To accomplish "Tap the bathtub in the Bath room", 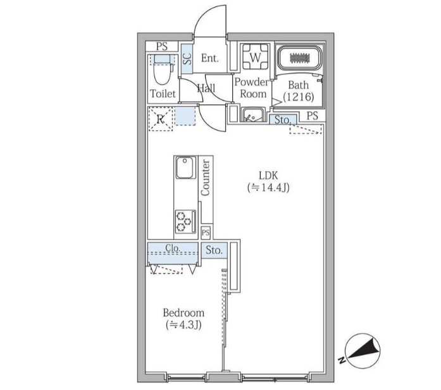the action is click(300, 58).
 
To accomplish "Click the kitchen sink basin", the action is click(185, 168).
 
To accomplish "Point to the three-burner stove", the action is click(185, 221).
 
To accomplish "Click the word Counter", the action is click(206, 178).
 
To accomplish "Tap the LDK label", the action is click(268, 176).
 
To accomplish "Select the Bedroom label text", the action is click(183, 313).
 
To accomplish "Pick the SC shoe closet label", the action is click(187, 58).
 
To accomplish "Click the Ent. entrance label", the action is click(210, 58).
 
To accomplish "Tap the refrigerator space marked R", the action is click(160, 119).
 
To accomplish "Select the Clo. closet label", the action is click(172, 248).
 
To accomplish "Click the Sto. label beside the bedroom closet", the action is click(214, 250).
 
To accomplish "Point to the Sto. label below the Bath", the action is click(282, 120).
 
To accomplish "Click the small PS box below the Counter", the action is click(206, 233).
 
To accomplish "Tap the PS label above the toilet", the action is click(162, 46).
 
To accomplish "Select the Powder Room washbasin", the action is click(253, 114).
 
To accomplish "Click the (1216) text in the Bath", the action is click(299, 97).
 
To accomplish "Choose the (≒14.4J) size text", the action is click(268, 187).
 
